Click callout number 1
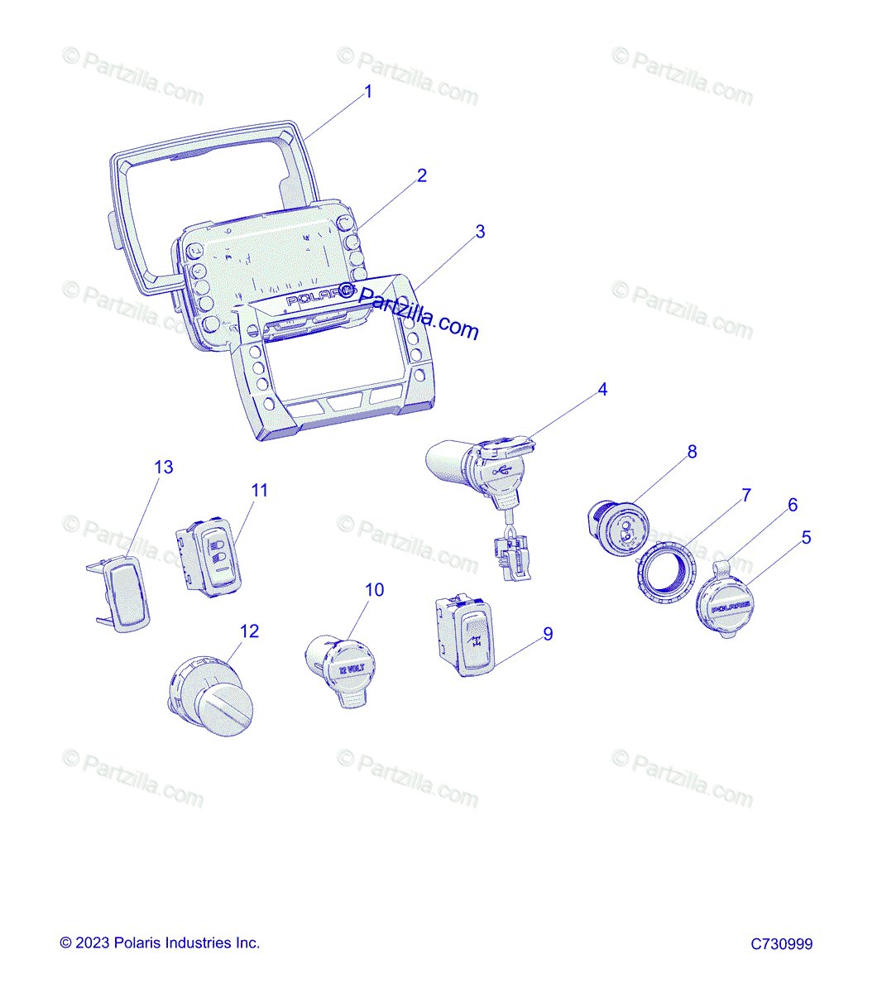click(x=368, y=92)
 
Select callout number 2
click(x=422, y=175)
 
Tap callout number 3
click(x=480, y=232)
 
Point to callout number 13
click(x=164, y=468)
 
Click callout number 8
click(x=692, y=452)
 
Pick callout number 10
click(x=375, y=590)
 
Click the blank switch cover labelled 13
click(x=124, y=592)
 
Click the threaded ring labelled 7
click(x=666, y=571)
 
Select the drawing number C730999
click(x=782, y=944)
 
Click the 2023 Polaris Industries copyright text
click(x=160, y=943)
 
